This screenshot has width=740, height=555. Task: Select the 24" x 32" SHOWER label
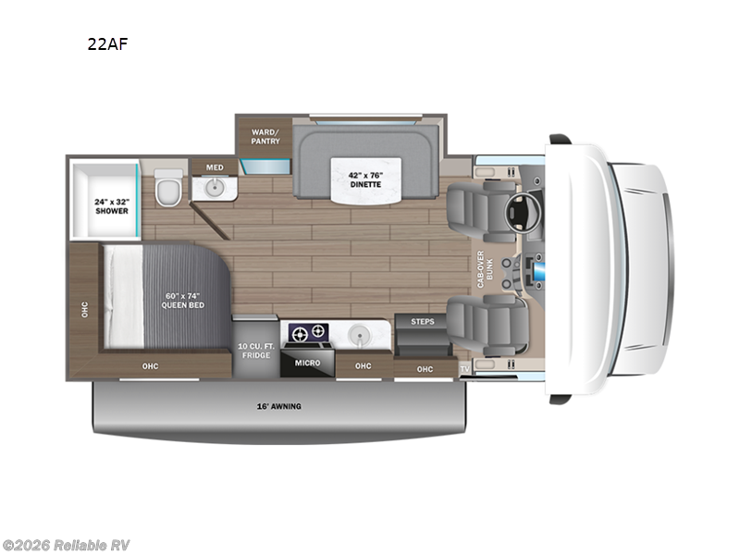(110, 206)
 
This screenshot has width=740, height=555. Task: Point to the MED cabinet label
(215, 167)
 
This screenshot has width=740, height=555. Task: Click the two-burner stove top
(307, 331)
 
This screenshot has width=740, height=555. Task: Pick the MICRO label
(307, 363)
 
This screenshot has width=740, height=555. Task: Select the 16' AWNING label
(279, 406)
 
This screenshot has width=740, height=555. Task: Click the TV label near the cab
(465, 367)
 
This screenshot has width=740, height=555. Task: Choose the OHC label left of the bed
(83, 307)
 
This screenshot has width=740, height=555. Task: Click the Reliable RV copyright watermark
(66, 545)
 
